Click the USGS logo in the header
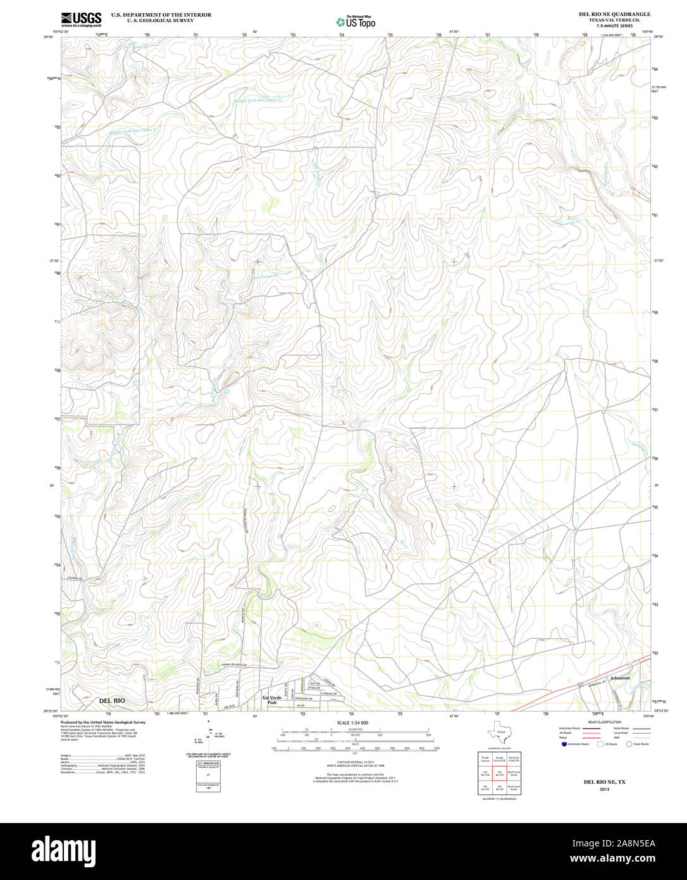pyautogui.click(x=81, y=19)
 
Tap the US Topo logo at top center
pyautogui.click(x=356, y=22)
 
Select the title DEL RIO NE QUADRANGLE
pyautogui.click(x=614, y=14)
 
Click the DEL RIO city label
pyautogui.click(x=112, y=701)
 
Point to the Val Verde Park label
pyautogui.click(x=273, y=700)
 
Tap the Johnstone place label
pyautogui.click(x=620, y=678)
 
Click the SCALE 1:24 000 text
pyautogui.click(x=352, y=722)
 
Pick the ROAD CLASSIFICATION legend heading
pyautogui.click(x=604, y=722)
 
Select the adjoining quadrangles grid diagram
pyautogui.click(x=499, y=773)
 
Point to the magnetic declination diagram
pyautogui.click(x=209, y=738)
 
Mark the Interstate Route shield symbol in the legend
pyautogui.click(x=563, y=745)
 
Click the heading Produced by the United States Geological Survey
pyautogui.click(x=102, y=722)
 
